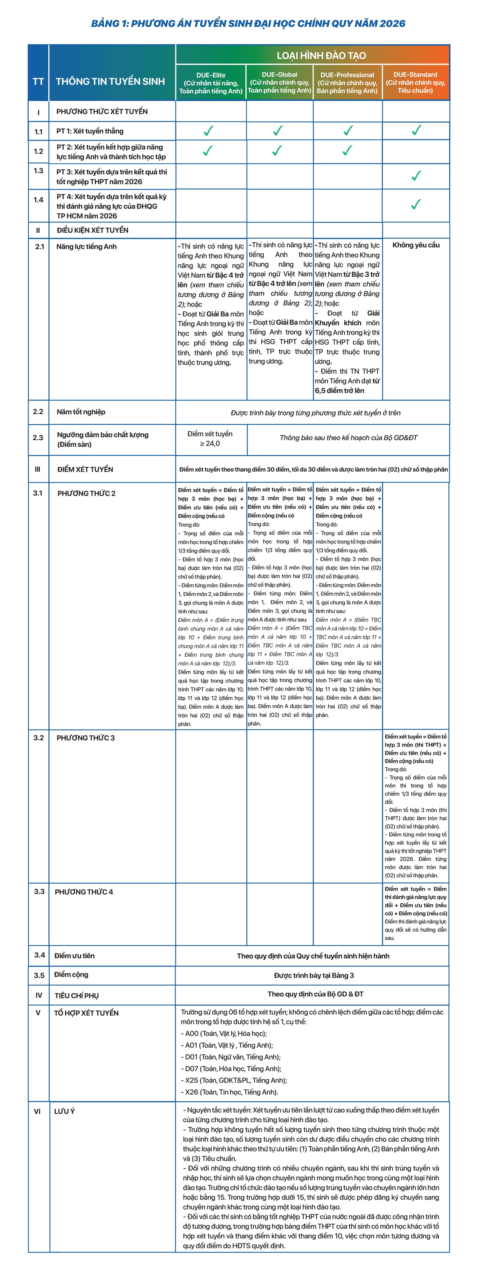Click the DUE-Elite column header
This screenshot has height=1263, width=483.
coord(211,82)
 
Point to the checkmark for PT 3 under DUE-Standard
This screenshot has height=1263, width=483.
coord(416,175)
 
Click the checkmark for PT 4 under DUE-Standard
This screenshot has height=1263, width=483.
coord(416,204)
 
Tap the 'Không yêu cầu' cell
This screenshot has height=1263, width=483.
coord(416,245)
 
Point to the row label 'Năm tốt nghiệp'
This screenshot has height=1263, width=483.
coord(81,412)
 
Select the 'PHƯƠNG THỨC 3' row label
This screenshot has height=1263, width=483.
coord(86,738)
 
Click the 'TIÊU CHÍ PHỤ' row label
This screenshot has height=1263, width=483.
coord(76,995)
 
